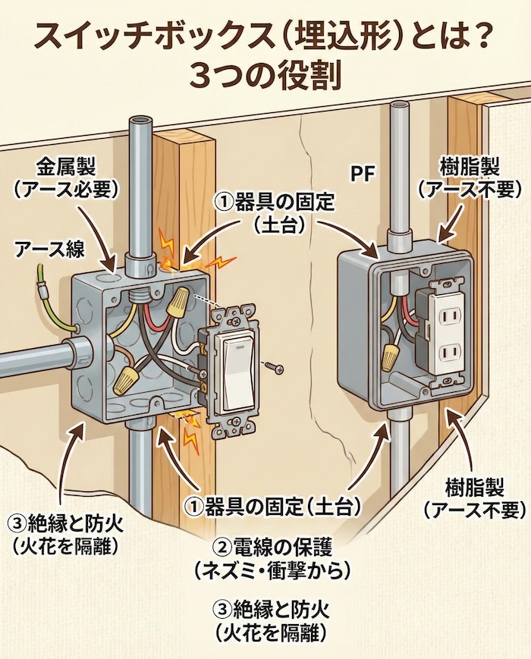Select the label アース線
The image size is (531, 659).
[x=49, y=247]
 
